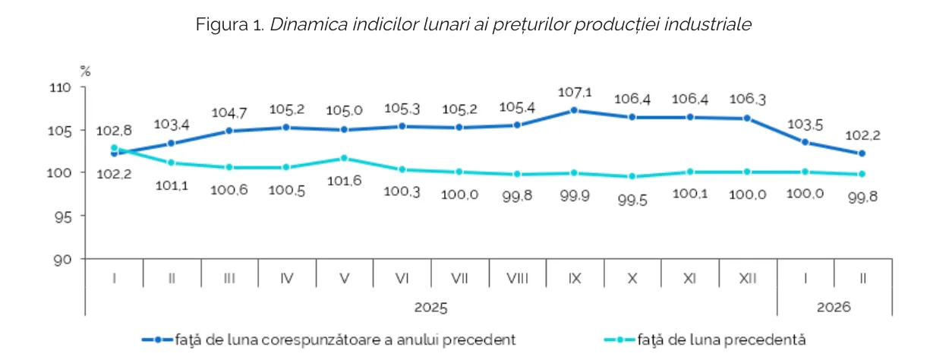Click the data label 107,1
(x=575, y=92)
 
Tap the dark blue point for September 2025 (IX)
(x=575, y=110)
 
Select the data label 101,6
(x=344, y=182)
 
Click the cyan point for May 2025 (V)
(x=344, y=158)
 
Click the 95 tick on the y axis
(x=65, y=216)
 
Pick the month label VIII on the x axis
(x=517, y=279)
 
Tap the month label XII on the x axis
(x=747, y=279)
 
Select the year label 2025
(x=430, y=308)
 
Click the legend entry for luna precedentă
(x=720, y=339)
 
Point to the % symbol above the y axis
(x=86, y=71)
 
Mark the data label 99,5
(x=632, y=201)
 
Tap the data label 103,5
(x=805, y=124)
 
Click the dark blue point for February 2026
(x=862, y=153)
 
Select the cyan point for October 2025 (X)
(x=632, y=176)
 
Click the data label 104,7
(x=229, y=112)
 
